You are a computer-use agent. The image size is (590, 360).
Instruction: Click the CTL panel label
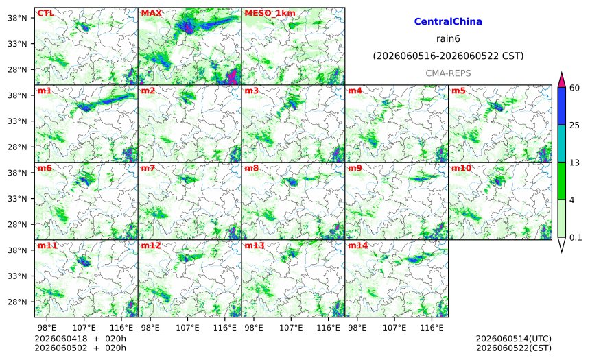[45, 13]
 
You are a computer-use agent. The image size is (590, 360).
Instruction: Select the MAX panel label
[151, 13]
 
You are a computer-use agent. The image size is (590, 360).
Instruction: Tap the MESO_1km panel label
[270, 13]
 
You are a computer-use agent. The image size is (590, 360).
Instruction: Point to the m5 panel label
[458, 91]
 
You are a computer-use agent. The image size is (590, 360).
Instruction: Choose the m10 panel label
[461, 168]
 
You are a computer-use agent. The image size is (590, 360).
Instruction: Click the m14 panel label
[357, 245]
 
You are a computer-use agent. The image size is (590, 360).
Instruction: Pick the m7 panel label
[148, 168]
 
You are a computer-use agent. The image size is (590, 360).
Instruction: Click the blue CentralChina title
[448, 21]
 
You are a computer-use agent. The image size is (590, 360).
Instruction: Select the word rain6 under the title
[448, 39]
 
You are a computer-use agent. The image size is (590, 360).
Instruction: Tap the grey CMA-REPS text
[448, 73]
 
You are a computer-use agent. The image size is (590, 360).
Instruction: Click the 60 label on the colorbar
[575, 88]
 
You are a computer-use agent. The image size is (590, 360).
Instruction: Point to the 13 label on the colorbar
[574, 163]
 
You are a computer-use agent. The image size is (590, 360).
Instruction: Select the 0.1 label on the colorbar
[576, 237]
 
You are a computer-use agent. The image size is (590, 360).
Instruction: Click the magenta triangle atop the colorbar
[561, 80]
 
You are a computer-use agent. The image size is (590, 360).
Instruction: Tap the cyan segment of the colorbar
[561, 144]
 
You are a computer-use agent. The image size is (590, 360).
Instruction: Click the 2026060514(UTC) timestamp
[514, 339]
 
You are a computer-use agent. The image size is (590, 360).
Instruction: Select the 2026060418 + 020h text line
[80, 339]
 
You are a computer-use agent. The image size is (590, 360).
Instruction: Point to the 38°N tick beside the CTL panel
[17, 18]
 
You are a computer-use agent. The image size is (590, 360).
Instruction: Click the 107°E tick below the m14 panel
[394, 328]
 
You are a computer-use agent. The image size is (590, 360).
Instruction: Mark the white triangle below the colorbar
[561, 245]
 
